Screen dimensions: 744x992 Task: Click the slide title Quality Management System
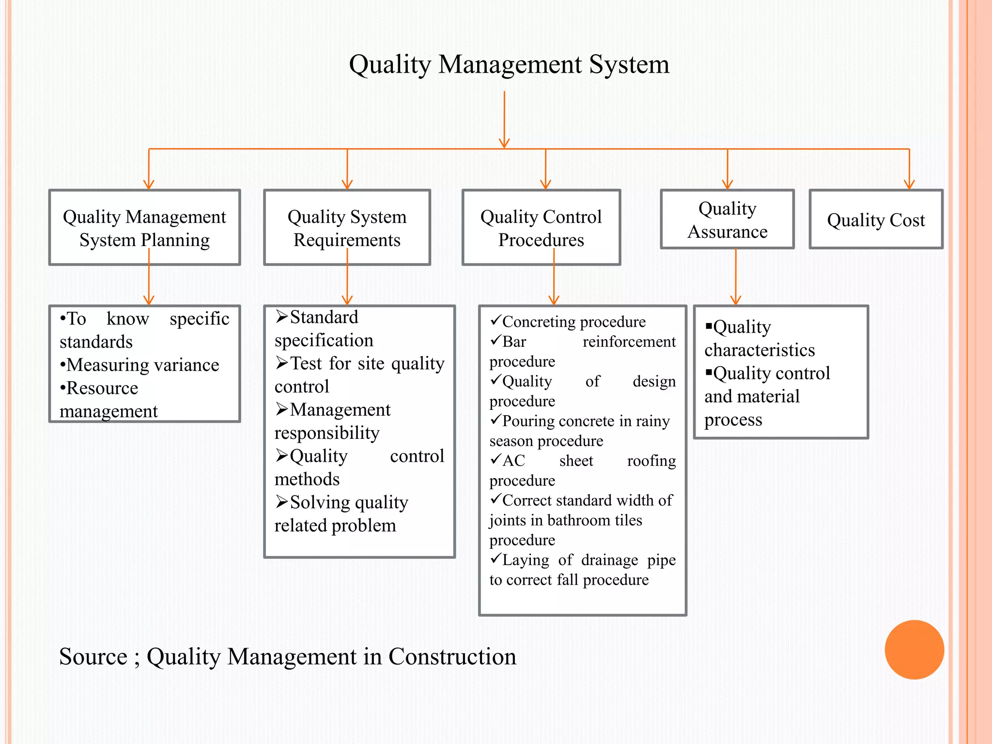[509, 64]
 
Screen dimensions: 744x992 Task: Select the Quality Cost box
[876, 220]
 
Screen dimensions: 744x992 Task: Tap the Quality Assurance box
[727, 220]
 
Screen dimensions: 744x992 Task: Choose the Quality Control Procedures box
[541, 228]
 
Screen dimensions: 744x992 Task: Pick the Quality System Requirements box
[347, 228]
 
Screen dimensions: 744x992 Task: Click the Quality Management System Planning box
[144, 228]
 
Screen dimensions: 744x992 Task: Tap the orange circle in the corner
[914, 650]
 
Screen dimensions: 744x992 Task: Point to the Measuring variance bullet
[142, 365]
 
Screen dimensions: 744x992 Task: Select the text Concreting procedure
[573, 322]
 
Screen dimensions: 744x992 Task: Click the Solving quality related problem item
[341, 513]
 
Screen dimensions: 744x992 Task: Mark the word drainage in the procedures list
[609, 560]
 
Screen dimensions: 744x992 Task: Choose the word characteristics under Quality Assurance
[759, 350]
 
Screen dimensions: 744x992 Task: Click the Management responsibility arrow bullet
[282, 409]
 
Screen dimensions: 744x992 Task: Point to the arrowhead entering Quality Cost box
[909, 184]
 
